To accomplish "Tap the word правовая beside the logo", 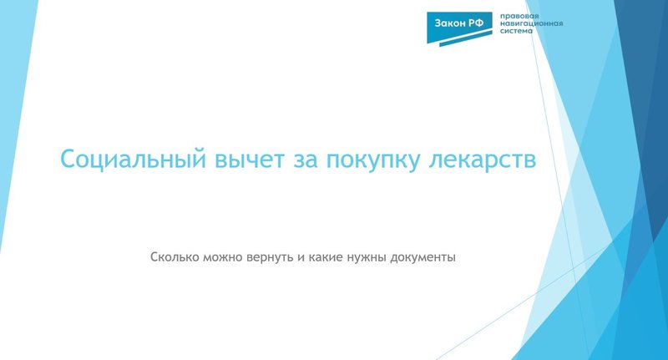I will [x=518, y=15].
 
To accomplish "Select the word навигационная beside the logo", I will [x=530, y=23].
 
